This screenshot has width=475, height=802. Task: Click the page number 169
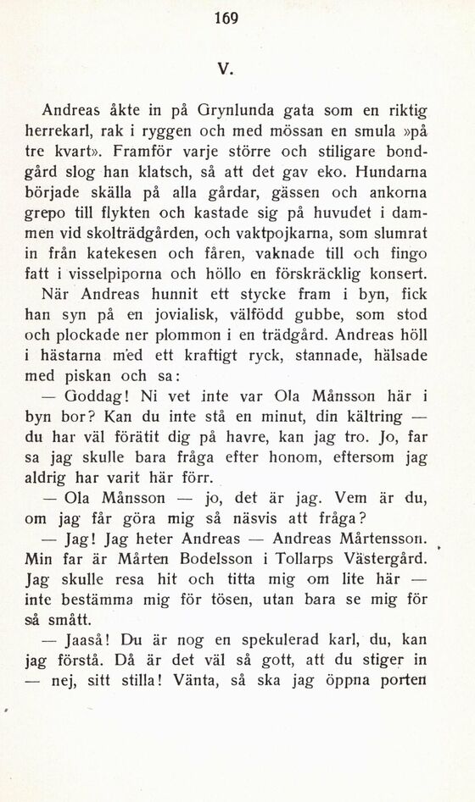point(227,18)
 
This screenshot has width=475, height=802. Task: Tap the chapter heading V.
point(226,66)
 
